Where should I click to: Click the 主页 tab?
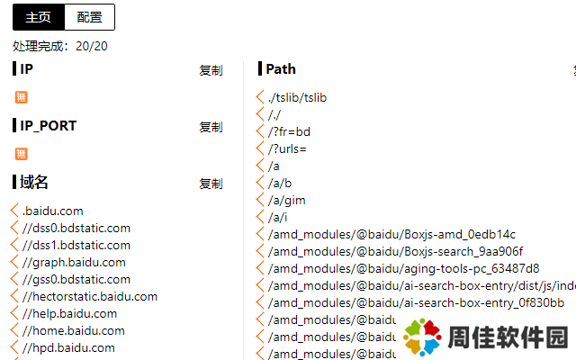(38, 16)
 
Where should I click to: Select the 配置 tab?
(89, 16)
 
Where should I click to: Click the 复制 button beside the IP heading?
(211, 70)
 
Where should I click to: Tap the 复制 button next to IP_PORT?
(211, 127)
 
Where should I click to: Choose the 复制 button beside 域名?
(211, 184)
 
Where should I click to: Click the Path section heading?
(280, 69)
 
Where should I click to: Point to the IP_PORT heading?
(48, 126)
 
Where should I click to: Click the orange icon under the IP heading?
(22, 97)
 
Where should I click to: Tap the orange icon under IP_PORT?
(22, 154)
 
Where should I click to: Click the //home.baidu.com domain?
(73, 331)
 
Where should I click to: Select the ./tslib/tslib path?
(302, 97)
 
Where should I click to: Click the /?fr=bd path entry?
(289, 131)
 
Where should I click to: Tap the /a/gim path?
(286, 200)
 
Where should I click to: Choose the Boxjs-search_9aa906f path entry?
(395, 251)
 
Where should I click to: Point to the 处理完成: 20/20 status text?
(60, 46)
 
